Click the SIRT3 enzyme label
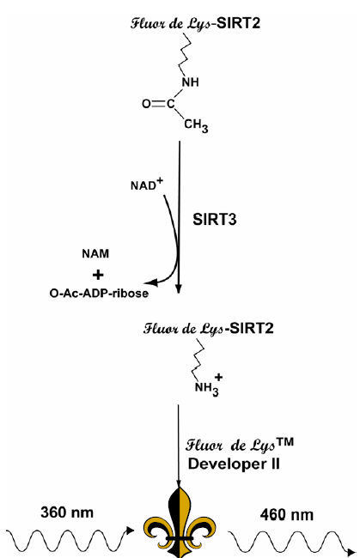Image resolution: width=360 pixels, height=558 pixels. [x=214, y=220]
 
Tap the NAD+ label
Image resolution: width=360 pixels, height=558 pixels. [x=146, y=184]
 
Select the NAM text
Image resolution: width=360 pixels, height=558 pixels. [x=95, y=254]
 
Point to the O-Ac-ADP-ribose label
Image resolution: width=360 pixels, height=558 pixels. [x=99, y=294]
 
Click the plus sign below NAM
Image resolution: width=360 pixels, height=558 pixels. [x=98, y=275]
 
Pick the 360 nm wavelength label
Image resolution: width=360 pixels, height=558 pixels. [x=67, y=513]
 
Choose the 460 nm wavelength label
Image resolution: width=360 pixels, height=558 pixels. [x=287, y=515]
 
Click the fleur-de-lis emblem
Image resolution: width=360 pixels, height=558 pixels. [x=179, y=523]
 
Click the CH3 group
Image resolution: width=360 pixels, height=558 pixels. [x=196, y=126]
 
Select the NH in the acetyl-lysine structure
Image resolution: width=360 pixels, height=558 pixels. [x=191, y=82]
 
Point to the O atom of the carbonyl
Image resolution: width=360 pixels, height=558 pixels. [x=146, y=104]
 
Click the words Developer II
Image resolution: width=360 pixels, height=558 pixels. [x=234, y=464]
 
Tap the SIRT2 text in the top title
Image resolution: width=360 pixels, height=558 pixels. [x=239, y=23]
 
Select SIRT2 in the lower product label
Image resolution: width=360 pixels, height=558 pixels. [x=252, y=328]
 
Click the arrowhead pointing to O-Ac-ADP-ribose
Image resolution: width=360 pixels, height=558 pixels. [x=152, y=282]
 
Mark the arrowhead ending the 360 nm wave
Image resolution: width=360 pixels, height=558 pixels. [x=131, y=531]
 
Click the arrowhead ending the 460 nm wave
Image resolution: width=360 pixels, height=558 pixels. [x=352, y=553]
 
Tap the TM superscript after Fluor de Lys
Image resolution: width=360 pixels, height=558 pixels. [x=285, y=442]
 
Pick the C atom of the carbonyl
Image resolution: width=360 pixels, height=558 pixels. [x=171, y=104]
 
